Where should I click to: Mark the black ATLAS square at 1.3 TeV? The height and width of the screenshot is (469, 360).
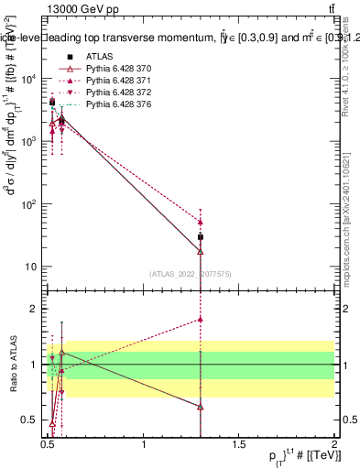[x=201, y=237]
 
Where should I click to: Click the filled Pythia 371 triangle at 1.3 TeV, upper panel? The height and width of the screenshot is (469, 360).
[x=201, y=222]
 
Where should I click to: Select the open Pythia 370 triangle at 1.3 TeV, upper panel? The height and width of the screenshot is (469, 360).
[x=201, y=251]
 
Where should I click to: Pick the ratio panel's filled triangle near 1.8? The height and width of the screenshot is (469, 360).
[x=201, y=320]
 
